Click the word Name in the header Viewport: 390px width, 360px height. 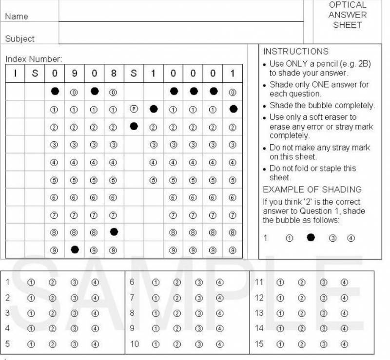click(17, 16)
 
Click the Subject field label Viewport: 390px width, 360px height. click(20, 38)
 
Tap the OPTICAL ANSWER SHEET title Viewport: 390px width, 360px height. click(347, 15)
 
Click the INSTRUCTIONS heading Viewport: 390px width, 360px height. click(296, 51)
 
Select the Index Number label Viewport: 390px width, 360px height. click(34, 59)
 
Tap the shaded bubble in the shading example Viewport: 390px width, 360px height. click(311, 237)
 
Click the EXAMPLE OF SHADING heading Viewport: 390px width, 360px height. click(312, 189)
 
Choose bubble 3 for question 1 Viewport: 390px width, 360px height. click(74, 282)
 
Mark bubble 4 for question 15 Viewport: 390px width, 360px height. click(344, 344)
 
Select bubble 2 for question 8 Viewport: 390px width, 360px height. click(177, 313)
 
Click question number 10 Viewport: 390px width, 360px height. click(134, 344)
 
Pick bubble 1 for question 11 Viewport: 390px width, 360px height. click(280, 282)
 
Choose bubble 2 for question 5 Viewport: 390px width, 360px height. click(53, 344)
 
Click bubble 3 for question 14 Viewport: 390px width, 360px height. click(323, 329)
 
